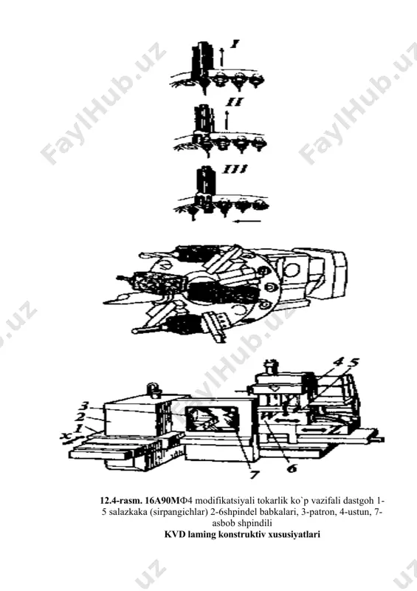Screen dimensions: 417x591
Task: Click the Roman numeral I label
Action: click(x=234, y=44)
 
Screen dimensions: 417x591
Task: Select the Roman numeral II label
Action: click(x=233, y=102)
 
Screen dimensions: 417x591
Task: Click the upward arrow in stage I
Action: click(x=222, y=58)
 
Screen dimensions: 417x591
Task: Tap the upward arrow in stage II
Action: click(x=227, y=120)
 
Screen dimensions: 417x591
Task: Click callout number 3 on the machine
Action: click(x=85, y=406)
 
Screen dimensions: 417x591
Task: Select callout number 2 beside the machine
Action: click(x=80, y=417)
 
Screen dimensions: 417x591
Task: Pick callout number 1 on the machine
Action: click(x=78, y=428)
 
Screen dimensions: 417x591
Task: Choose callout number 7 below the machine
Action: click(x=255, y=474)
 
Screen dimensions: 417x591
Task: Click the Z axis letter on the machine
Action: click(x=333, y=429)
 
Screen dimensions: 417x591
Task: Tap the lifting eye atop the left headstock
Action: click(x=152, y=389)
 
